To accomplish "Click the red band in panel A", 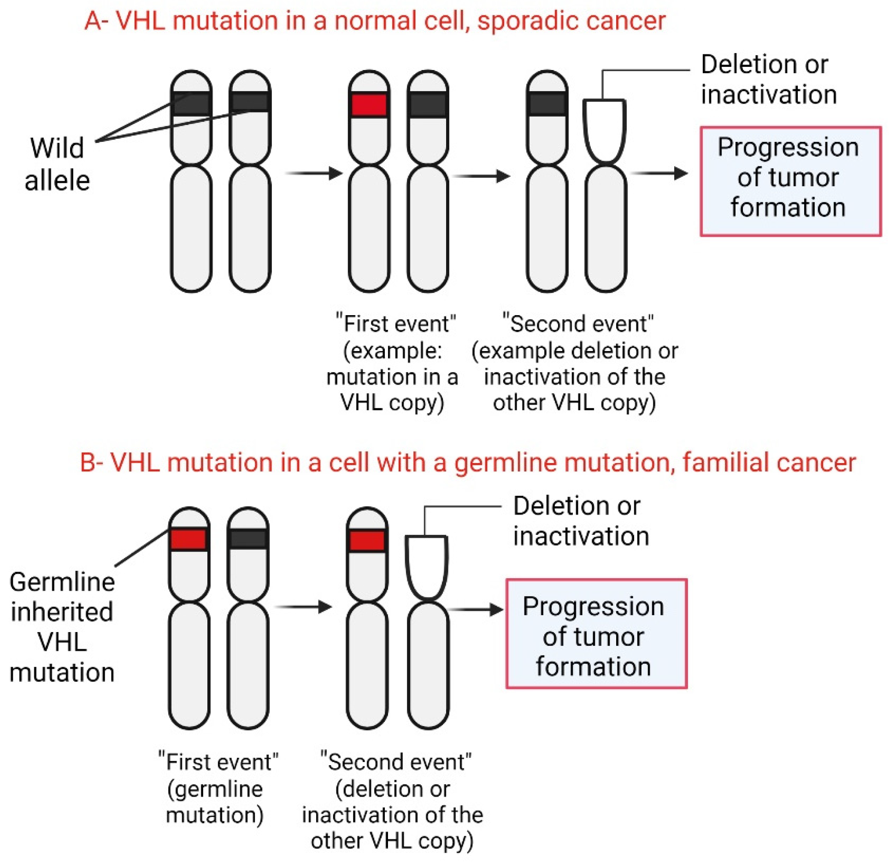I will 369,105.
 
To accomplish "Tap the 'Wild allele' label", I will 57,164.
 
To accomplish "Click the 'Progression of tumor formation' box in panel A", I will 790,181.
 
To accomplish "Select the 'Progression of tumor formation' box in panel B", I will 596,634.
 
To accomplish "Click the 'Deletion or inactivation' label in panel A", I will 768,79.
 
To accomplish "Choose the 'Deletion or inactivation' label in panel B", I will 581,521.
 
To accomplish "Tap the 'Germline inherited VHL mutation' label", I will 62,627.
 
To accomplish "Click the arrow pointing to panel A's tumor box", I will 659,173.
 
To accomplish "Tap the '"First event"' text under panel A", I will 395,323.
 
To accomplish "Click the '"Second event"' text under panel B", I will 395,762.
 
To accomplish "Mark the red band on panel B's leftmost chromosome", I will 188,539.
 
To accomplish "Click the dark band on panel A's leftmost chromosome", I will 191,104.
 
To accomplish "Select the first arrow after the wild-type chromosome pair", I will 314,173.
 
